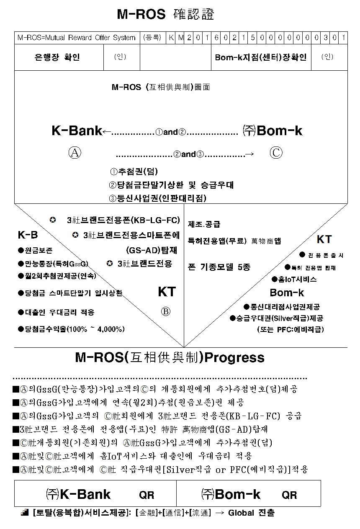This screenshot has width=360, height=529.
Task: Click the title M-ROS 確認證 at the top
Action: point(165,15)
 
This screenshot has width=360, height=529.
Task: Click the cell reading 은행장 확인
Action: point(57,57)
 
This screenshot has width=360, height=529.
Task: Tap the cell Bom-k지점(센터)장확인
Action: point(260,57)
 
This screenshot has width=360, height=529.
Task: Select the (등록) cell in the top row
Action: point(152,38)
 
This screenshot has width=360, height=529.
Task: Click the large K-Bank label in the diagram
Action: point(77,131)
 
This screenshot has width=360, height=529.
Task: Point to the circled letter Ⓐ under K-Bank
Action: point(75,153)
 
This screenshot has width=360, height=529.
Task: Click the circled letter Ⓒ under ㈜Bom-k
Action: point(275,153)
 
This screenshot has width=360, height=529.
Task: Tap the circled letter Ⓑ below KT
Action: point(166,312)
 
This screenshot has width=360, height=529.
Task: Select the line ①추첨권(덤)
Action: point(134,172)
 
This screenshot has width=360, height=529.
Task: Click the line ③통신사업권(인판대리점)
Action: point(157,198)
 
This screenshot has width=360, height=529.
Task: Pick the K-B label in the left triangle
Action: point(28,235)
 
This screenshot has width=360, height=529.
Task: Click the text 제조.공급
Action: point(204,224)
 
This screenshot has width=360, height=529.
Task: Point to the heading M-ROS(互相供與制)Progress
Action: point(170,357)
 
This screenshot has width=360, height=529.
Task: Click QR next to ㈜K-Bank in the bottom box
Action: point(147,495)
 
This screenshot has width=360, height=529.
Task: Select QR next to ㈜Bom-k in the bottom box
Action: point(289,495)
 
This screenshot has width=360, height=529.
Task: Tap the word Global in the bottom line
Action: point(241,513)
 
